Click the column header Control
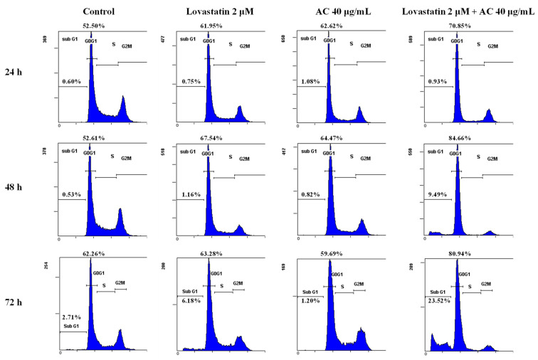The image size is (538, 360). [97, 11]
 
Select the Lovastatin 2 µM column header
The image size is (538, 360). [209, 11]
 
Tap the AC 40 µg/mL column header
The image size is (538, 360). [330, 11]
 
